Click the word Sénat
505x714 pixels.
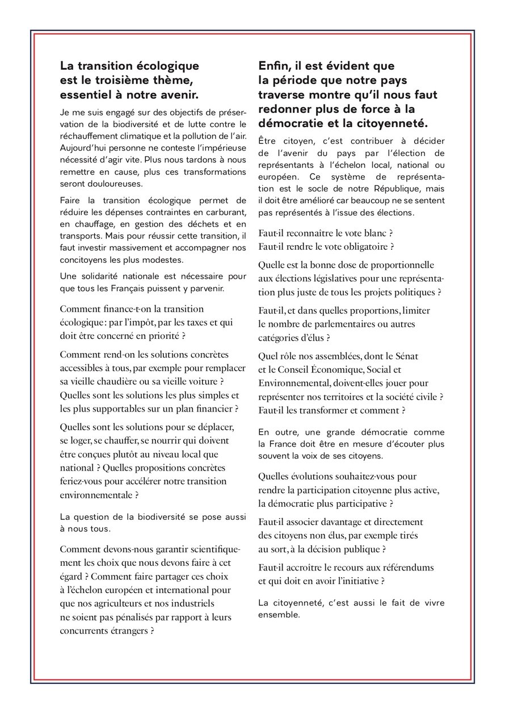point(405,356)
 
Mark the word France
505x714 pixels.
point(283,443)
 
